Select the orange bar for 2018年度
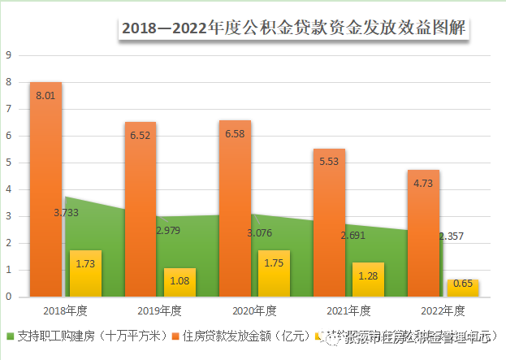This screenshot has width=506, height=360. click(x=46, y=187)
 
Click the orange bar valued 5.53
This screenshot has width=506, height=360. click(x=329, y=219)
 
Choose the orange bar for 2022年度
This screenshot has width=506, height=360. click(x=423, y=232)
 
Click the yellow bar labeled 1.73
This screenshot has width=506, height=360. click(x=85, y=273)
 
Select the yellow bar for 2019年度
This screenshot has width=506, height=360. click(x=179, y=282)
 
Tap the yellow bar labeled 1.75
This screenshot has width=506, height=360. click(x=274, y=273)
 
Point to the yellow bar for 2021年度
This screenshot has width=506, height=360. click(x=368, y=280)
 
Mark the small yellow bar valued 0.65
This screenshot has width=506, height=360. click(x=462, y=288)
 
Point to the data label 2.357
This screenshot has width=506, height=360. click(x=452, y=236)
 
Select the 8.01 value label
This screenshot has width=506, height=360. click(x=46, y=96)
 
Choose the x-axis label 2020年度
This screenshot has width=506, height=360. click(x=254, y=310)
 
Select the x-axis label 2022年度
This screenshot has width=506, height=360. click(x=443, y=310)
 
